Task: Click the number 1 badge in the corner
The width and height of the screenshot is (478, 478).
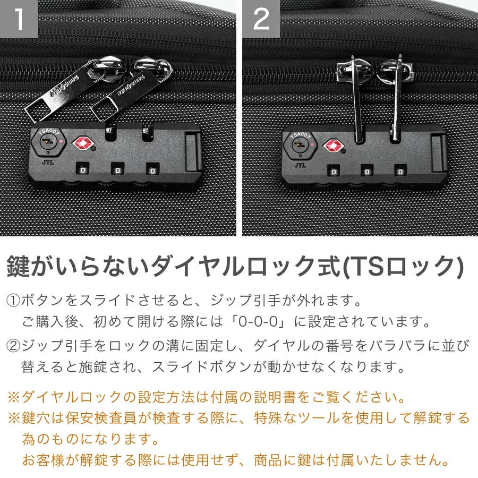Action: click(19, 19)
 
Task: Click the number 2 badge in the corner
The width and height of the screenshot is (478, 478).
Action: click(261, 19)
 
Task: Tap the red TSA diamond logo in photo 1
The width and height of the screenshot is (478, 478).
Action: click(83, 143)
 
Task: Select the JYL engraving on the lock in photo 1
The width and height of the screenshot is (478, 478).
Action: click(48, 163)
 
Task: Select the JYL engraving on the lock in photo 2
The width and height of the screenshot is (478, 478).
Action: click(300, 166)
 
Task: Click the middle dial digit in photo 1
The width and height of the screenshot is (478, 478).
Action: click(118, 170)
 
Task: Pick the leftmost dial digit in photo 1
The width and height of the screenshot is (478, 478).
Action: click(82, 170)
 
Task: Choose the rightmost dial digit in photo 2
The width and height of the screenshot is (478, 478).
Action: click(400, 172)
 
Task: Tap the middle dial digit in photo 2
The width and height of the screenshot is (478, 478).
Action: click(367, 172)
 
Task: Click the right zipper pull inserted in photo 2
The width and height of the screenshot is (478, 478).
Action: click(396, 98)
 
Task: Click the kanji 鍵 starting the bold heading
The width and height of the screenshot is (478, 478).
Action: click(18, 266)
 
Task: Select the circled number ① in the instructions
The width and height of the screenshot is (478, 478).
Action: click(13, 301)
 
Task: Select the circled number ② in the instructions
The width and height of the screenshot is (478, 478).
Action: click(13, 346)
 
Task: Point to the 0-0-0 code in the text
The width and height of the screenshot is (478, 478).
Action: click(258, 322)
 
